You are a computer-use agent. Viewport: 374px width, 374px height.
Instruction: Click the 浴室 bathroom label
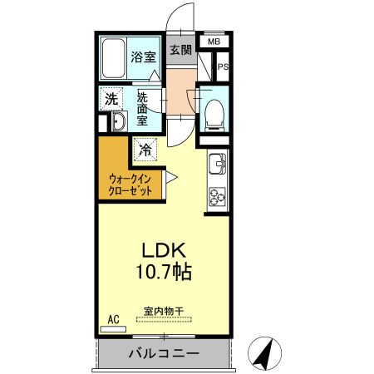tap(143, 57)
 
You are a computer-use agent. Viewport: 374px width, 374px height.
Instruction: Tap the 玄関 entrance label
tap(180, 50)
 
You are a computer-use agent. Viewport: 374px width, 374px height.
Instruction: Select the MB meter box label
tap(214, 42)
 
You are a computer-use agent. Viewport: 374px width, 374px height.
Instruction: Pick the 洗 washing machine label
tap(111, 98)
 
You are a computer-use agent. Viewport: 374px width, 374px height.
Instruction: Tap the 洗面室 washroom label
tap(142, 108)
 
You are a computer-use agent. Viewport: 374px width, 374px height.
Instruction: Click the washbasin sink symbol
tap(118, 124)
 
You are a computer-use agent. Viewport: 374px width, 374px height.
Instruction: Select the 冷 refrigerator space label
tap(145, 150)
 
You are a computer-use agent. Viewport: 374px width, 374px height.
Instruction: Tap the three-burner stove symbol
tap(218, 196)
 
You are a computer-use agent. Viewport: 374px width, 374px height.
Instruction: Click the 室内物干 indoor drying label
tap(164, 312)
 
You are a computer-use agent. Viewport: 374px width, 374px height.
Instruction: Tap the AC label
tap(114, 319)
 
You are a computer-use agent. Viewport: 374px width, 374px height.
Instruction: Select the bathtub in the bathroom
tap(114, 57)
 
